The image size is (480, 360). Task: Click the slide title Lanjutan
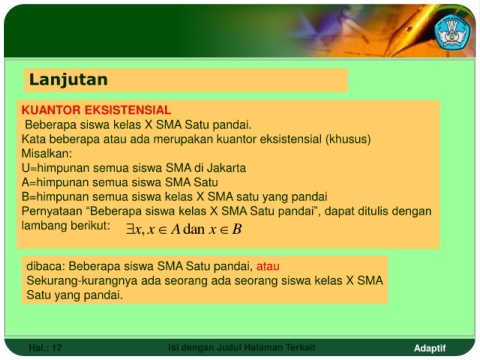coord(68,80)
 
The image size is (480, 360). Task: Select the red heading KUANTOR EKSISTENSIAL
coord(96,110)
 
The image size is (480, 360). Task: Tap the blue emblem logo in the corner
coord(452,33)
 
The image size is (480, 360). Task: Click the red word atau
coord(268,266)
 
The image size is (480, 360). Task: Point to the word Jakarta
coord(226,168)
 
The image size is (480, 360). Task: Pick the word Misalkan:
coord(47,153)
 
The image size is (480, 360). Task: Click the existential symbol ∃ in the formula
coord(130,229)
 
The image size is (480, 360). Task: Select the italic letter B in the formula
coord(237,229)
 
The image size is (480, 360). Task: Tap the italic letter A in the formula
coord(175,229)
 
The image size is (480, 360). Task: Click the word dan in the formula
coord(194,229)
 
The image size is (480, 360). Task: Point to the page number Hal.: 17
coord(45,348)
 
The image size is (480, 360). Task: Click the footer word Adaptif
coord(430,348)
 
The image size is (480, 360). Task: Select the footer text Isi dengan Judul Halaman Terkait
coord(242,348)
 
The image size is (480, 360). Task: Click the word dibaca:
coord(46,266)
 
